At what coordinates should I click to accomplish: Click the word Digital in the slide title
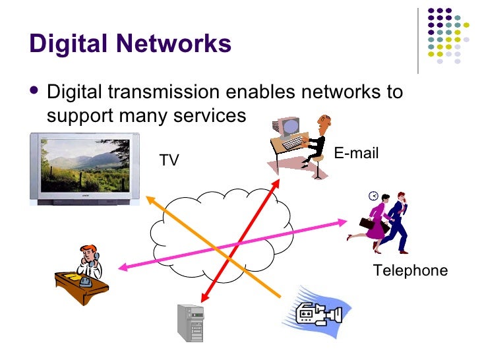tap(69, 44)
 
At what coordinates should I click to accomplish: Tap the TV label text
tap(169, 160)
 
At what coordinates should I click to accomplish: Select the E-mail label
tap(356, 154)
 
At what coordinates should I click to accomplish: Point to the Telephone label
tap(410, 270)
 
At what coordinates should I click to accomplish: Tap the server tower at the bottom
tap(191, 323)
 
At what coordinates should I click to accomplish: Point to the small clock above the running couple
tap(374, 196)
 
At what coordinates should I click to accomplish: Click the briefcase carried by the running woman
tap(366, 224)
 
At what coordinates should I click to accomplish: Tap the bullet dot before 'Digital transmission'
tap(35, 92)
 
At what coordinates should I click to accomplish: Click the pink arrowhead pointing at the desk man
tap(123, 267)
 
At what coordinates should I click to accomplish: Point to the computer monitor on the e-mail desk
tap(287, 127)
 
